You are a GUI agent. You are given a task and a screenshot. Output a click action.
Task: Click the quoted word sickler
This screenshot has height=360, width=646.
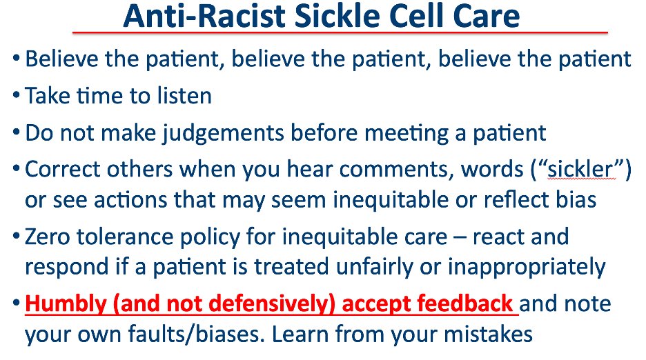click(x=578, y=169)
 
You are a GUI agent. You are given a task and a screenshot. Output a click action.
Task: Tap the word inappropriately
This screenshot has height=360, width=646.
click(x=522, y=266)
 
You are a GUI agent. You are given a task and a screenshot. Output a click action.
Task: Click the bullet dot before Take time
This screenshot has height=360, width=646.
click(x=15, y=96)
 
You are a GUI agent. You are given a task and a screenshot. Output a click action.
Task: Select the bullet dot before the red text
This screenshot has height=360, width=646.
click(x=15, y=304)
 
